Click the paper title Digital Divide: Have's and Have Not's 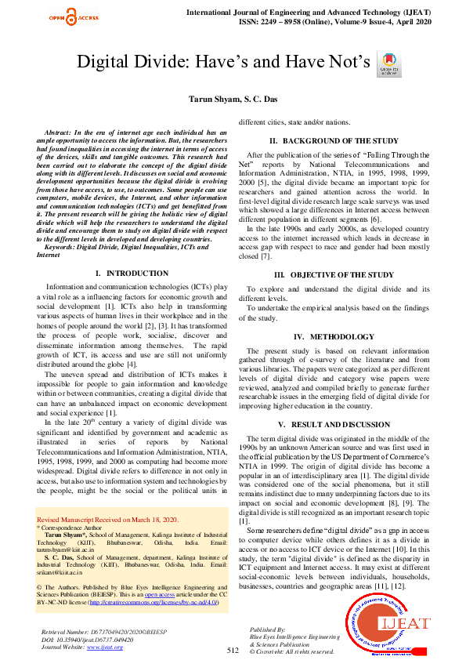222,63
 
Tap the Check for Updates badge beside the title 388,64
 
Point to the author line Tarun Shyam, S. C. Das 233,100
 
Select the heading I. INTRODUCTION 131,273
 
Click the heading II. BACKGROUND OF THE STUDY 334,141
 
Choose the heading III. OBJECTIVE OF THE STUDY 334,275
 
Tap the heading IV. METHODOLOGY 334,336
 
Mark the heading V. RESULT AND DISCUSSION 334,424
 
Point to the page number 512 233,651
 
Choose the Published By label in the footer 269,629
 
